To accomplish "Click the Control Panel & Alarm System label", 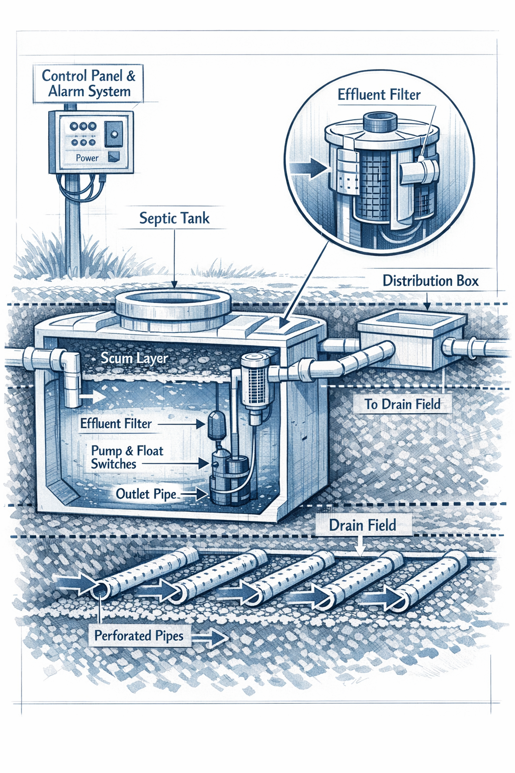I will coord(88,84).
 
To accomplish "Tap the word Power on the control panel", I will coord(87,158).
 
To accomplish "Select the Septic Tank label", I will coord(174,218).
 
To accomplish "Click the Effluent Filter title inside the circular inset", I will coord(379,95).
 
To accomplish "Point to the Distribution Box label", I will coord(430,281).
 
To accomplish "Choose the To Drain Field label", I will coord(402,404).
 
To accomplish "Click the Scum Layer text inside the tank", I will coord(134,358).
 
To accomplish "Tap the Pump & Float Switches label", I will coord(127,457).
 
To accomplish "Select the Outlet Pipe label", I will coord(146,494).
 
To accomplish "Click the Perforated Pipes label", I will coord(139,636).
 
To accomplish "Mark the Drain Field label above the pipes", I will coord(362,525).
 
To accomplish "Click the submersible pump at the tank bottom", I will coord(229,478).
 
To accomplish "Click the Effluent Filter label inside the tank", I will coord(116,424).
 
